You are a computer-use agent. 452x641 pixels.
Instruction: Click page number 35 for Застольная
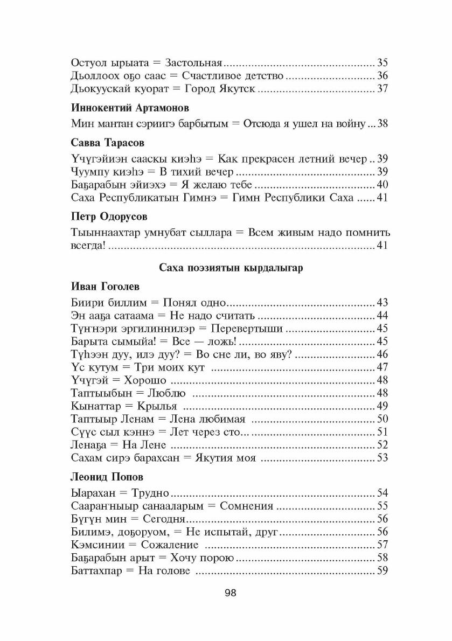click(383, 61)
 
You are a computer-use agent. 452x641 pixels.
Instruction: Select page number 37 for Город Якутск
click(383, 89)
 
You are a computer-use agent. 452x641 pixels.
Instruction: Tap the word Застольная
click(194, 61)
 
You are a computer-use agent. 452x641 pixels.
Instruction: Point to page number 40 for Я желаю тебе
click(383, 185)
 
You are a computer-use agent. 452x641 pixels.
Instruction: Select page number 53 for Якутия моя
click(383, 458)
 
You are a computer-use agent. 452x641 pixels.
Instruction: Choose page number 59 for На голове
click(383, 571)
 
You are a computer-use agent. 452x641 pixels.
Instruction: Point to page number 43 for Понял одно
click(383, 302)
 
